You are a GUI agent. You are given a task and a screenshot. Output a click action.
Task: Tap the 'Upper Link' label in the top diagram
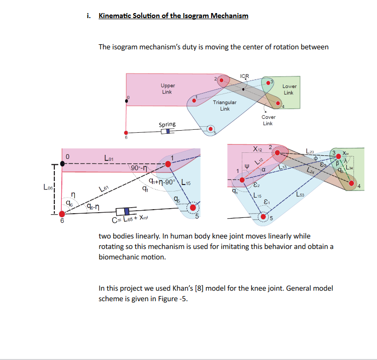(167, 89)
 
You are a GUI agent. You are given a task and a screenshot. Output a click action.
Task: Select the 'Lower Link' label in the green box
(289, 89)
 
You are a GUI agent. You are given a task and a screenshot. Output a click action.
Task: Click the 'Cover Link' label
(268, 121)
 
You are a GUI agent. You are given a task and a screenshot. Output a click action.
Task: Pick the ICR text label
(245, 76)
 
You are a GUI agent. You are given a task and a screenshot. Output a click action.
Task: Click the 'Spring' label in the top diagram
(167, 124)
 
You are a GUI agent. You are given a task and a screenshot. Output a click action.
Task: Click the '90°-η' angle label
(138, 167)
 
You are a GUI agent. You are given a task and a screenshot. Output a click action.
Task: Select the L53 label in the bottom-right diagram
(300, 194)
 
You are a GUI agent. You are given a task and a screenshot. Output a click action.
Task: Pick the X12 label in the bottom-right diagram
(257, 149)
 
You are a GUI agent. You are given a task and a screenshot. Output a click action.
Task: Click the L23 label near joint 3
(311, 151)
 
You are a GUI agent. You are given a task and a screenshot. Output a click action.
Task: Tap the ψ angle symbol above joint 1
(246, 164)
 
